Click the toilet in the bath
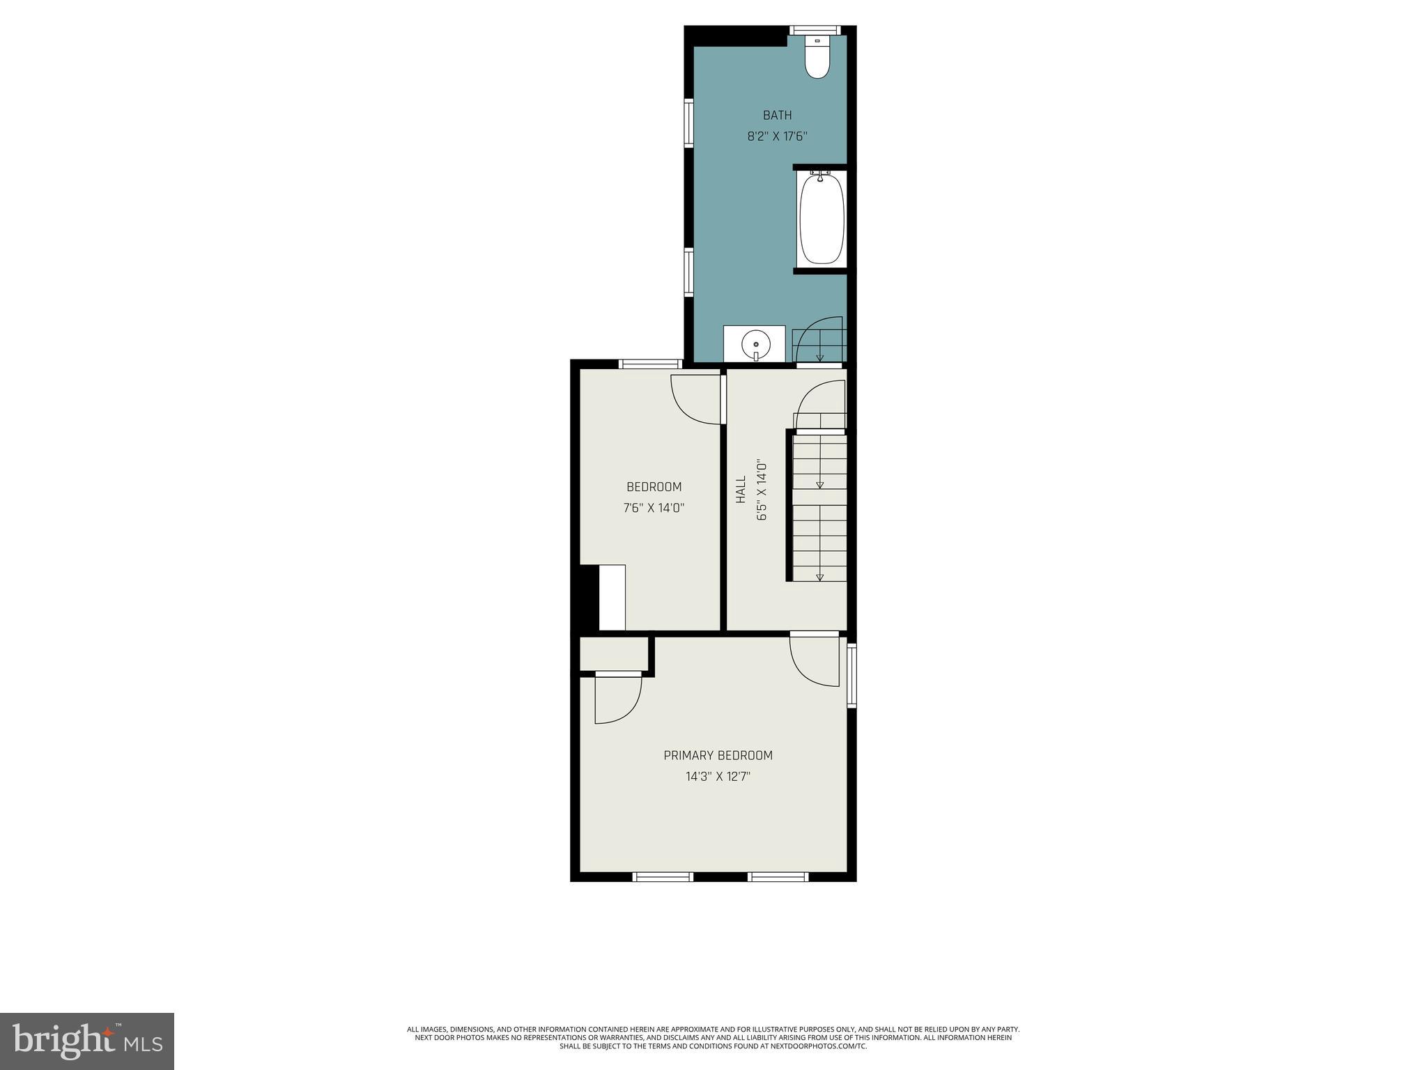tap(817, 59)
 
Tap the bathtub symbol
tap(822, 219)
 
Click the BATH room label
tap(777, 116)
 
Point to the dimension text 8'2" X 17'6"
tap(777, 137)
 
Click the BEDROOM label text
tap(654, 487)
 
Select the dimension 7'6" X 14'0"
tap(654, 509)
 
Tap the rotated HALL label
tap(741, 490)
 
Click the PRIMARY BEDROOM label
tap(718, 755)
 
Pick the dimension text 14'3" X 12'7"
tap(718, 776)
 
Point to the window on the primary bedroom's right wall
tap(851, 676)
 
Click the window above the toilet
tap(815, 30)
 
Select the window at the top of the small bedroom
tap(651, 364)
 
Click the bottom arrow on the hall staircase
tap(819, 576)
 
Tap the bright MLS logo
tap(87, 1041)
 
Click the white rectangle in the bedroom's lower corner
tap(612, 597)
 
